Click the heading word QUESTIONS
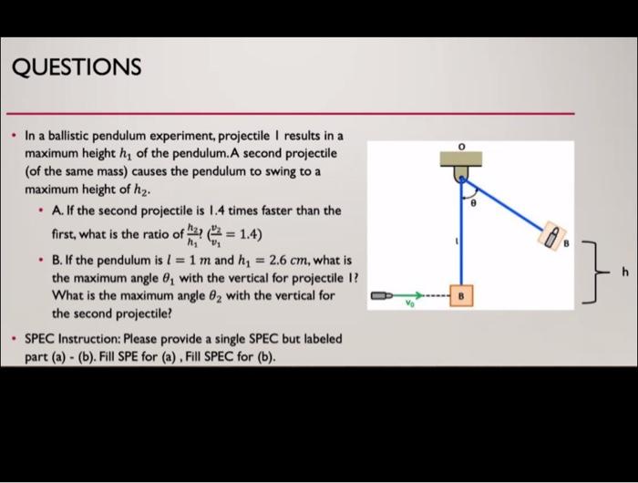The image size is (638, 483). pyautogui.click(x=77, y=67)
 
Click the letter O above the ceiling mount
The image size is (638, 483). pyautogui.click(x=461, y=146)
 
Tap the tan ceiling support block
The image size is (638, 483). pyautogui.click(x=461, y=159)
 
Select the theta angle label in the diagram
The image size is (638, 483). pyautogui.click(x=473, y=206)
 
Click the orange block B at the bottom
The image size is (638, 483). pyautogui.click(x=461, y=296)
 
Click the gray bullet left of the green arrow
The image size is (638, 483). pyautogui.click(x=382, y=296)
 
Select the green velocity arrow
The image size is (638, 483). pyautogui.click(x=409, y=296)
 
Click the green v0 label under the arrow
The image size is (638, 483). pyautogui.click(x=409, y=306)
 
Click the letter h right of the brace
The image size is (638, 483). pyautogui.click(x=625, y=271)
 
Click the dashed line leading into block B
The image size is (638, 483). pyautogui.click(x=438, y=296)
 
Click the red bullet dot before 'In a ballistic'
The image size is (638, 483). pyautogui.click(x=13, y=135)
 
